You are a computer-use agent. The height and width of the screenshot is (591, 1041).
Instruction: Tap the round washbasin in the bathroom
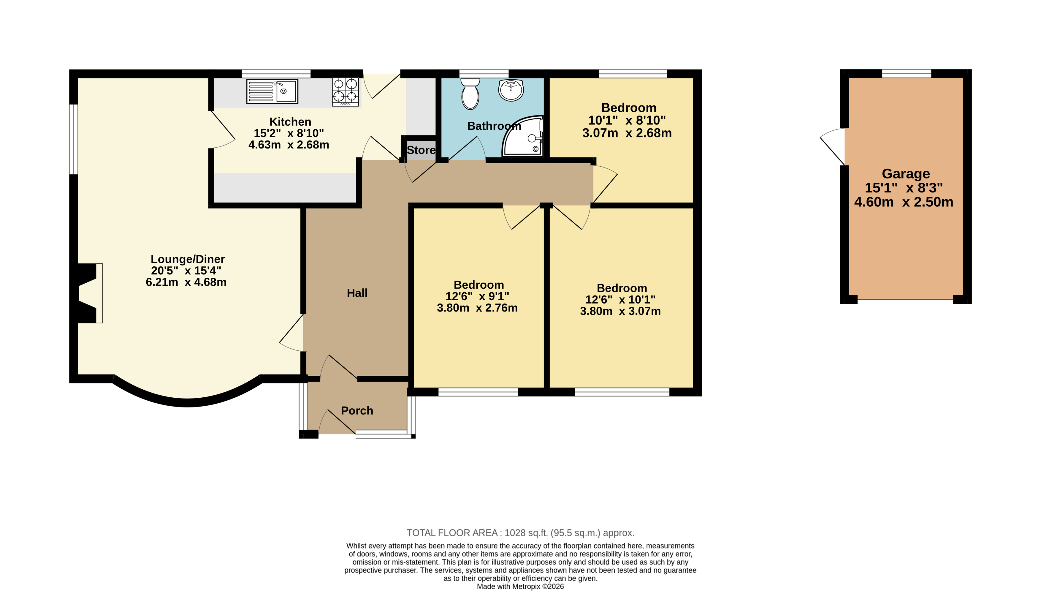coord(511,90)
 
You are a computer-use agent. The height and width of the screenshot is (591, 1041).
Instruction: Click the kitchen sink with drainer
coord(272,91)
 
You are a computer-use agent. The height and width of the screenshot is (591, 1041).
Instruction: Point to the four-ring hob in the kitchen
coord(345,92)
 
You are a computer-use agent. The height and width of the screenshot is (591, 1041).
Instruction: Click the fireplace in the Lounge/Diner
coord(90,293)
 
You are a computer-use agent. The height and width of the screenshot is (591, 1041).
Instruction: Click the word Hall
coord(357,293)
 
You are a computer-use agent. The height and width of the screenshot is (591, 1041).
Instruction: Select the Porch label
coord(357,411)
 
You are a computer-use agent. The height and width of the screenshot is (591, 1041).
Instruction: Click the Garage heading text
coord(906,174)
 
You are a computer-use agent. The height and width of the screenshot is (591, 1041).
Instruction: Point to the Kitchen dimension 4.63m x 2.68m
coord(289,145)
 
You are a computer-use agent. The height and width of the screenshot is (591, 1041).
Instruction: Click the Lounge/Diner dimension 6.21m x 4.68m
coord(186,282)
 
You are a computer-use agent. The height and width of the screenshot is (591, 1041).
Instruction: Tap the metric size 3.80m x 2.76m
coord(477,308)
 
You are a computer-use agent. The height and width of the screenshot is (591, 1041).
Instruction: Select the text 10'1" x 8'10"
coord(627,121)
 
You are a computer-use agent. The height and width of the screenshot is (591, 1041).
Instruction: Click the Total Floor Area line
coord(521,533)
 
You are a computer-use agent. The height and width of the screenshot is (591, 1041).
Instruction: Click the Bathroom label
coord(494,126)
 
